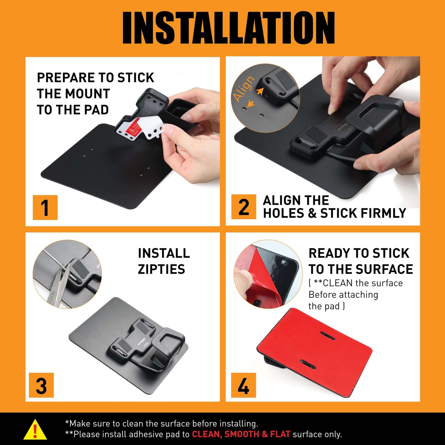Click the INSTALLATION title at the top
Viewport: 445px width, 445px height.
coord(228,28)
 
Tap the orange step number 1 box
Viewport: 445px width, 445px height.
coord(45,208)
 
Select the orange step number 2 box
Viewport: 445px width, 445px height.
coord(243,207)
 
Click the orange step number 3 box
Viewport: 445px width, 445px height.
coord(41,385)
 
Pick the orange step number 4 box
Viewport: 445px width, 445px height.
coord(243,385)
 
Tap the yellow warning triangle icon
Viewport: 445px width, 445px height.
coord(35,429)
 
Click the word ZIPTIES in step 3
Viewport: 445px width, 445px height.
coord(161,269)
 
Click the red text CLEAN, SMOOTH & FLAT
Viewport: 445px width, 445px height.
coord(241,434)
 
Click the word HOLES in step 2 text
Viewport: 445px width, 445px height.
coord(284,213)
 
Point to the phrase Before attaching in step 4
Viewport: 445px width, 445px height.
coord(343,295)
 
